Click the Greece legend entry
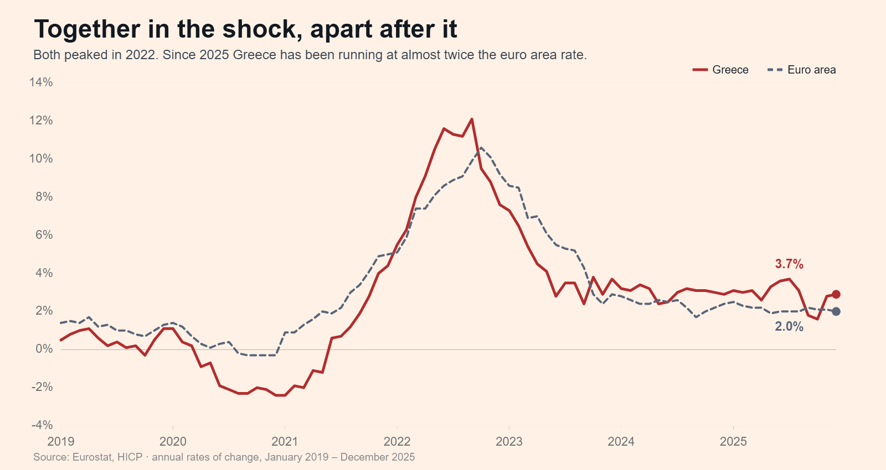pyautogui.click(x=720, y=70)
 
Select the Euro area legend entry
pyautogui.click(x=801, y=70)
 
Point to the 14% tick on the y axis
pyautogui.click(x=41, y=82)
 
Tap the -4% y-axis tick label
pyautogui.click(x=42, y=425)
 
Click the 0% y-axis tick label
pyautogui.click(x=44, y=349)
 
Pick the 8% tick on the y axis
pyautogui.click(x=44, y=196)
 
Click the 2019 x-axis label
pyautogui.click(x=61, y=441)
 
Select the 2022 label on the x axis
pyautogui.click(x=397, y=441)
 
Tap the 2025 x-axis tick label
pyautogui.click(x=733, y=441)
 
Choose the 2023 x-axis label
pyautogui.click(x=509, y=441)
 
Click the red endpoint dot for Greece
pyautogui.click(x=836, y=294)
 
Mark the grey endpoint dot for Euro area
pyautogui.click(x=836, y=311)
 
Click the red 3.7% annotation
pyautogui.click(x=789, y=264)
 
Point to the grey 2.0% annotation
pyautogui.click(x=789, y=327)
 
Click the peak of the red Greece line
pyautogui.click(x=471, y=119)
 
